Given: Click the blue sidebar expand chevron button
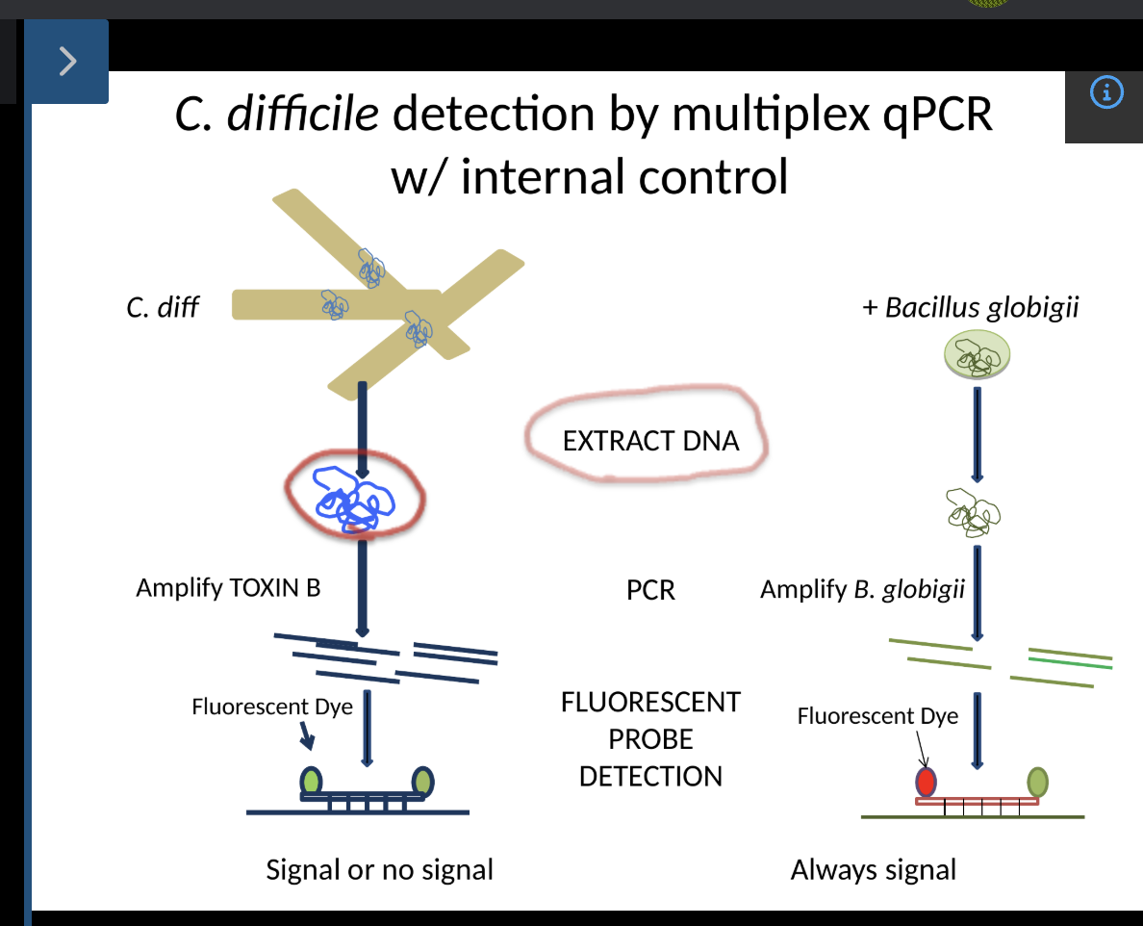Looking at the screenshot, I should pos(66,62).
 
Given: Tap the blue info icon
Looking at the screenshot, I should pos(1106,92).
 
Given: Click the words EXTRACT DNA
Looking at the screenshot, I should pos(650,441).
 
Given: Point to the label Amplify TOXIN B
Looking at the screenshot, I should pos(228,587).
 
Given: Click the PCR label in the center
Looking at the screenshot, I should pos(650,590).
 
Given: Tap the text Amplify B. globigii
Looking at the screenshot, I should pos(862,589).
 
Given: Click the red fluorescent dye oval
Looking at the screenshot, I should pos(925,780).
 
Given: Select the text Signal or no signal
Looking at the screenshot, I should pos(379,870).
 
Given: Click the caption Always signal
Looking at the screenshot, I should pos(873,870).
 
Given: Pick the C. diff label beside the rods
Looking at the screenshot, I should pos(163,308).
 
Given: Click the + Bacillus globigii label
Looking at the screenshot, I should pos(970,308).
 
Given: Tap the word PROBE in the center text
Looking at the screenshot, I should pos(650,739).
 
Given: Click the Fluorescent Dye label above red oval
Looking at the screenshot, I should pos(876,716).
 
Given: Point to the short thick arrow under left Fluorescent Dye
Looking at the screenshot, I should pos(306,736).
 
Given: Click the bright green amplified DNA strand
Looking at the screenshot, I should pos(1070,661).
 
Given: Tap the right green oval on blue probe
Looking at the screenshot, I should pos(423,780).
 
